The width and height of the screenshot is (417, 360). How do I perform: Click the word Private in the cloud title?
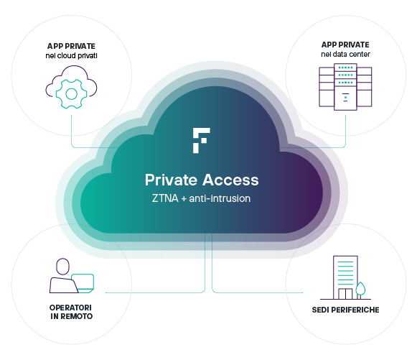(171, 180)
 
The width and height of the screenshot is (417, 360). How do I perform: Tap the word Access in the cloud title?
(230, 180)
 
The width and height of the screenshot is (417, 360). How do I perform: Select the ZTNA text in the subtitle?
(165, 198)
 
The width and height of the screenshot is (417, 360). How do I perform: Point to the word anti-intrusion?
(220, 198)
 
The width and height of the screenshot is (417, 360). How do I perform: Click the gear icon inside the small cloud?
(71, 94)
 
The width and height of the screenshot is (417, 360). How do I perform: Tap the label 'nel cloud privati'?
(71, 55)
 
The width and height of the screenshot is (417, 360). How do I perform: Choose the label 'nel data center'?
(345, 55)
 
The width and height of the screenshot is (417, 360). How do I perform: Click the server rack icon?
(345, 87)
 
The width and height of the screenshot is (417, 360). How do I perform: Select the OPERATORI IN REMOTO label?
(71, 312)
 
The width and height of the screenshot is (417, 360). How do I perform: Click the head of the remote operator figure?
(62, 267)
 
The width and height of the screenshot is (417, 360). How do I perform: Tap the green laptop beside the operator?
(83, 283)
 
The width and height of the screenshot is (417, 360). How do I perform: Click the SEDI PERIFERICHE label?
(345, 310)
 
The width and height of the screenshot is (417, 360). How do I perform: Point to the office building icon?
(345, 277)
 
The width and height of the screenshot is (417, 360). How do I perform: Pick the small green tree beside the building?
(360, 289)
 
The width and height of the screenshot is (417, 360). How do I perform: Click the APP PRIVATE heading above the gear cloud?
(71, 46)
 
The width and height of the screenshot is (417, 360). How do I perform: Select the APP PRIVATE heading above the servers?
(345, 45)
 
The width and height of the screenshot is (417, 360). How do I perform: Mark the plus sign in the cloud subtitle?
(184, 199)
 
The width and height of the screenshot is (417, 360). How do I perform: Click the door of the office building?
(345, 294)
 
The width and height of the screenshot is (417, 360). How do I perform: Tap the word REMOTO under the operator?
(77, 316)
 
